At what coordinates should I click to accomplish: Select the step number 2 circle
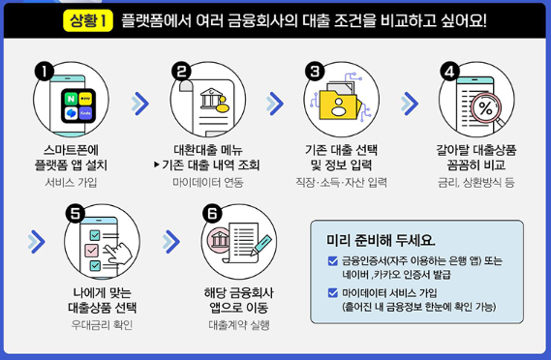pyautogui.click(x=181, y=71)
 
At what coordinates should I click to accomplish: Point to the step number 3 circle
pyautogui.click(x=314, y=71)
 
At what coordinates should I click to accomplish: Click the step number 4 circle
pyautogui.click(x=448, y=71)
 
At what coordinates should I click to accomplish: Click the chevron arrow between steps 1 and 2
pyautogui.click(x=140, y=103)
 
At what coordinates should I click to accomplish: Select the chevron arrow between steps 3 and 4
pyautogui.click(x=410, y=103)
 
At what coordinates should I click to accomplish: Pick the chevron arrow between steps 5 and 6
pyautogui.click(x=172, y=242)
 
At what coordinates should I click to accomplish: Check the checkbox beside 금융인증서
pyautogui.click(x=333, y=260)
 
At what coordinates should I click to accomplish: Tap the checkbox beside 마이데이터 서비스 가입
pyautogui.click(x=333, y=291)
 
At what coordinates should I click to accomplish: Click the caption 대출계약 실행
pyautogui.click(x=238, y=324)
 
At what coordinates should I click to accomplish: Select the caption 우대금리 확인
pyautogui.click(x=102, y=324)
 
